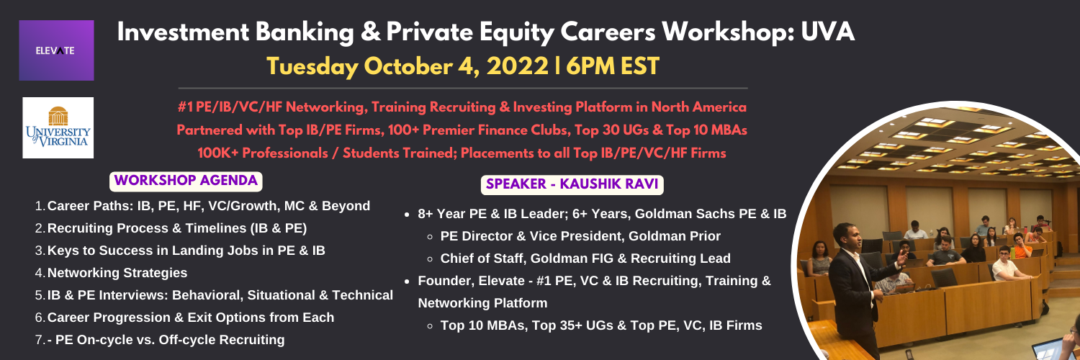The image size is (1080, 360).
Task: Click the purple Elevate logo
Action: [x=56, y=50]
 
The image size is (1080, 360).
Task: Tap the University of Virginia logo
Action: [x=58, y=127]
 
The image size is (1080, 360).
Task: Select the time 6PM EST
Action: [x=612, y=66]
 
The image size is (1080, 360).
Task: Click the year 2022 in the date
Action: [x=518, y=66]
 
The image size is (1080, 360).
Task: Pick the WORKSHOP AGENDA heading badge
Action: [x=186, y=181]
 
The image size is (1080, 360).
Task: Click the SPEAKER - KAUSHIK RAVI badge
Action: [x=572, y=184]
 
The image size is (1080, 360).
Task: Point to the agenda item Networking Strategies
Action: [x=117, y=273]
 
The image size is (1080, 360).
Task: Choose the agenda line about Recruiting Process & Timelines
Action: [x=177, y=228]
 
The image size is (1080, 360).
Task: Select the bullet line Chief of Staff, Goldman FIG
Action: [x=585, y=258]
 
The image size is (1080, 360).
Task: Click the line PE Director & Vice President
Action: [x=580, y=236]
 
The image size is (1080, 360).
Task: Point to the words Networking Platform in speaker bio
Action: [x=482, y=303]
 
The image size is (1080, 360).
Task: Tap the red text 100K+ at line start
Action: [x=217, y=153]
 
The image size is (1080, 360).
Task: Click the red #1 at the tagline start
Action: [x=185, y=107]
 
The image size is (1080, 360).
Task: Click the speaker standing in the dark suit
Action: [x=857, y=288]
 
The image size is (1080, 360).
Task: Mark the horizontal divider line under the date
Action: [x=463, y=88]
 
